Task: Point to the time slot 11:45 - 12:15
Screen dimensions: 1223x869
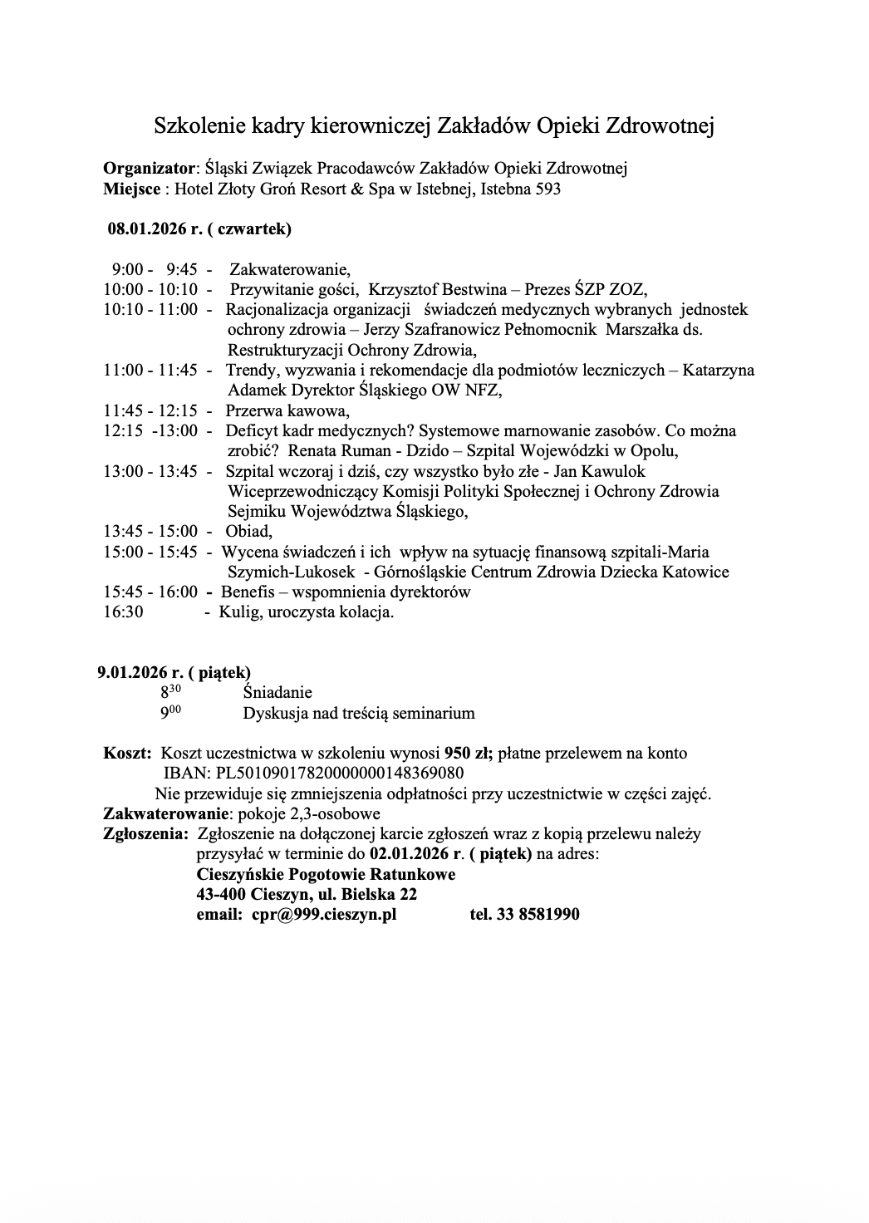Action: [x=150, y=410]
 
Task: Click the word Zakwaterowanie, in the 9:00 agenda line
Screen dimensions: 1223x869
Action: [x=290, y=269]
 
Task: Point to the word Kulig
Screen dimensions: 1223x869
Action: [x=238, y=612]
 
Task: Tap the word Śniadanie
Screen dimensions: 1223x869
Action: [x=277, y=692]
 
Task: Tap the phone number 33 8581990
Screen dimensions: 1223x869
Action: [x=538, y=914]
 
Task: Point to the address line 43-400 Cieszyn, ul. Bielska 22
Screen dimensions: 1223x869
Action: [x=307, y=894]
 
